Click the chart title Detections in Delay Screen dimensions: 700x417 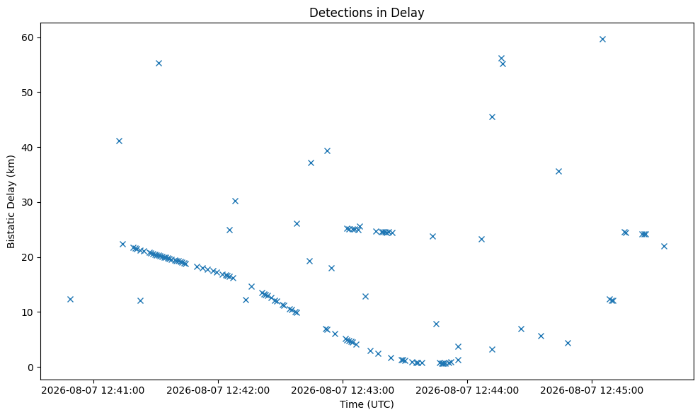367,13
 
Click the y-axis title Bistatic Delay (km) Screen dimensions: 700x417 11,201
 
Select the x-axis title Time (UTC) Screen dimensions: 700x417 367,404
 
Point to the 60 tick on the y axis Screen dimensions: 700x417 28,37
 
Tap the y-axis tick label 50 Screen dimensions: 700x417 28,93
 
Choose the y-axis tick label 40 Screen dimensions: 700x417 28,148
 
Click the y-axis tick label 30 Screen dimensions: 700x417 28,202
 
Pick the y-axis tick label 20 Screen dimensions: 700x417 28,257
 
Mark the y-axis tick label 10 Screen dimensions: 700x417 28,312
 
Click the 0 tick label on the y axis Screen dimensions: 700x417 31,368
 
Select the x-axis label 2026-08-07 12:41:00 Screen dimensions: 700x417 93,391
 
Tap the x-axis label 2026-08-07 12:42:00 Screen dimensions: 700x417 218,391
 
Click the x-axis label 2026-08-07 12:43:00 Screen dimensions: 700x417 343,391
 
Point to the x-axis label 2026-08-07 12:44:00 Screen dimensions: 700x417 467,391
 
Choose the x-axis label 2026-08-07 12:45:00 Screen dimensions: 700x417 592,391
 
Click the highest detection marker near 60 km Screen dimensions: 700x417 602,40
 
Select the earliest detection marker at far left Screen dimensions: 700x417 70,299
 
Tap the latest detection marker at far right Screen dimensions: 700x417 664,246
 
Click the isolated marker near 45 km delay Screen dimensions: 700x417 492,117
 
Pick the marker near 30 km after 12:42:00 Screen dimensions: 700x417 235,201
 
